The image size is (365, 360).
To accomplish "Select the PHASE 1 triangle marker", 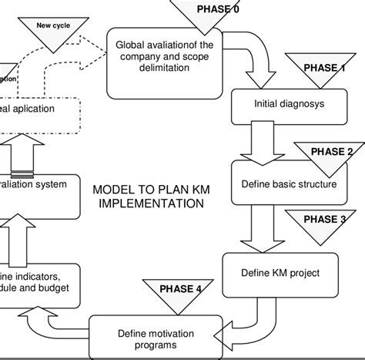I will [323, 70].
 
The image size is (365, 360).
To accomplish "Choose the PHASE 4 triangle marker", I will [182, 293].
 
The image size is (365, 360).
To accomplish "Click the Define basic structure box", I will [290, 184].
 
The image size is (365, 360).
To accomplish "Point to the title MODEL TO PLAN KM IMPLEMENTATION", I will [147, 197].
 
